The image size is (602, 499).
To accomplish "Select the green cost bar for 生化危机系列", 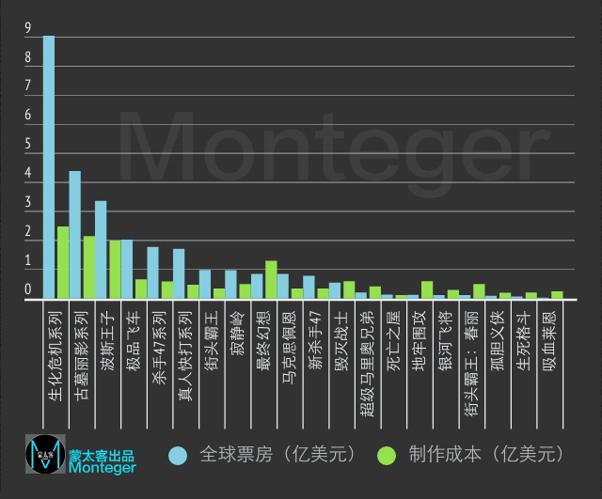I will click(x=62, y=262).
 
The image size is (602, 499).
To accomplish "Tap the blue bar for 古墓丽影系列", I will click(x=75, y=235).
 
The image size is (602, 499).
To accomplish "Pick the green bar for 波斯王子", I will click(x=114, y=270).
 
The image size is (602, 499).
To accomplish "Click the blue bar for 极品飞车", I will click(x=127, y=270).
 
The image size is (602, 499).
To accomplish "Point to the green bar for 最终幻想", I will click(x=271, y=280).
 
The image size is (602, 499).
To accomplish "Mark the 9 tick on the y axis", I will click(x=28, y=29).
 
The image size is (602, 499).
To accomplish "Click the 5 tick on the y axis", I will click(x=28, y=145).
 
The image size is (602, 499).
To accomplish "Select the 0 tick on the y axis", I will click(x=28, y=289).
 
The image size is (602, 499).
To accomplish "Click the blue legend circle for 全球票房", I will click(x=177, y=455).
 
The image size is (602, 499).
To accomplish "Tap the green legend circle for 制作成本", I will click(x=385, y=455).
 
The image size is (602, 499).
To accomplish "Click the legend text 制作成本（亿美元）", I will click(x=485, y=455).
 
